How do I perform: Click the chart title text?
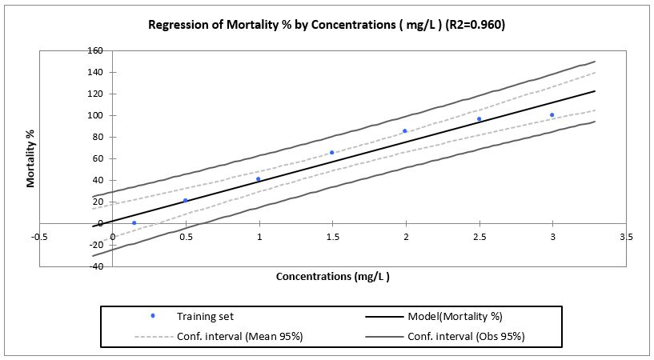tap(327, 25)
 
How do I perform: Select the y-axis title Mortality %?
tap(30, 158)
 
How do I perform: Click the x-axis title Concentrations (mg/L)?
tap(332, 277)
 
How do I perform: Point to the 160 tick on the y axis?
tap(95, 50)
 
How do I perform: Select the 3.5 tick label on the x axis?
tap(626, 237)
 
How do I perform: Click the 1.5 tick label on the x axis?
tap(332, 237)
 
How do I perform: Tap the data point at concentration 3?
tap(552, 115)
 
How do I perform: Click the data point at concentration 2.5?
tap(479, 119)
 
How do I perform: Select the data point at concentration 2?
tap(405, 130)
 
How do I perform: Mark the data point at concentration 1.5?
tap(332, 152)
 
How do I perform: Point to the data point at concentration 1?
tap(259, 179)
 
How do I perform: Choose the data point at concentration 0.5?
tap(186, 201)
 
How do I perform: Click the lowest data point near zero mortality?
tap(134, 222)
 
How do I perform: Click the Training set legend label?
tap(206, 317)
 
